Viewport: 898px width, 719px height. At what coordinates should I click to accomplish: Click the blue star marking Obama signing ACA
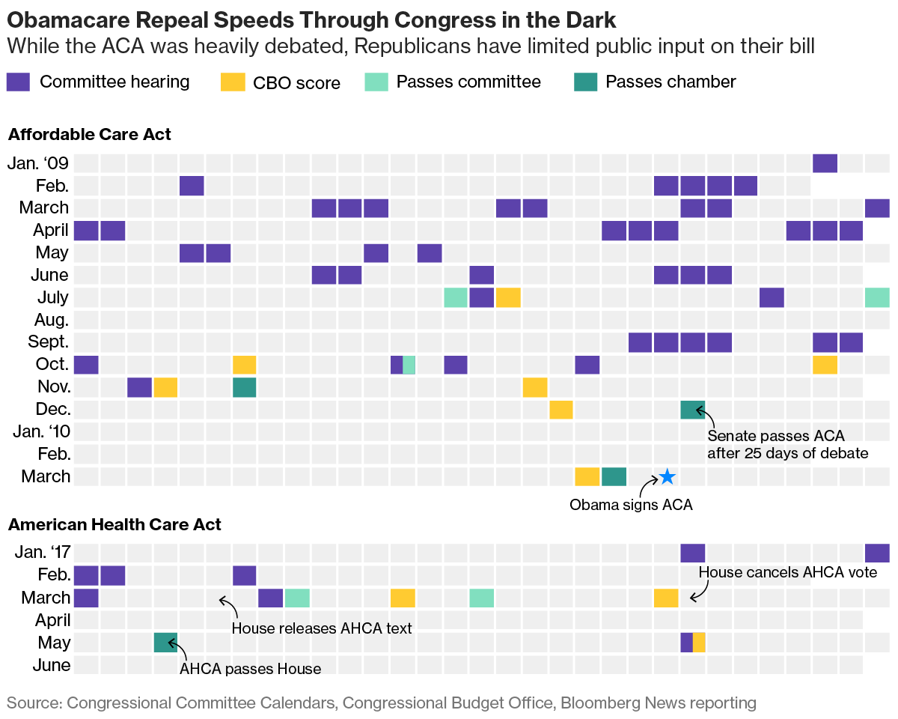click(668, 477)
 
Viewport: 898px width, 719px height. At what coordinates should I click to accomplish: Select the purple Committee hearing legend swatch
click(18, 82)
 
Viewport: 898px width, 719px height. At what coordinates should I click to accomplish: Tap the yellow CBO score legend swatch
click(232, 82)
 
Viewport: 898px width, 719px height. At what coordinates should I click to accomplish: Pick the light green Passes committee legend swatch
click(375, 82)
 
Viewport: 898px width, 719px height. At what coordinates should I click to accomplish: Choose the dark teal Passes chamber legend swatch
click(584, 82)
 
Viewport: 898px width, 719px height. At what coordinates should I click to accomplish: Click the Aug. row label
click(52, 320)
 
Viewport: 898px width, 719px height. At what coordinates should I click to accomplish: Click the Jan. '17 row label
click(43, 553)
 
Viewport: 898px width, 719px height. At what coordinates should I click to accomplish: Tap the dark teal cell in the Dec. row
click(692, 410)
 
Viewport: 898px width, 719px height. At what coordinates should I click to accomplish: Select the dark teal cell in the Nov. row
click(245, 387)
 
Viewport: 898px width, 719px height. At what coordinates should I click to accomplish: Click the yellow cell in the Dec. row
click(561, 410)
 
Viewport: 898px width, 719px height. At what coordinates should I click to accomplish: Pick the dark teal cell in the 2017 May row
click(165, 643)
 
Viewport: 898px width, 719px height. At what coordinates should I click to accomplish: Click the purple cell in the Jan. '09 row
click(825, 163)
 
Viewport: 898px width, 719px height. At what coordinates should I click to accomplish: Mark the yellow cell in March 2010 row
click(587, 477)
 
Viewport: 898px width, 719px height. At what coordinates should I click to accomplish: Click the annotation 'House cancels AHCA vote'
click(787, 573)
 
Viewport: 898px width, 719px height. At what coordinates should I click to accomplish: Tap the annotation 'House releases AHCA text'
click(322, 628)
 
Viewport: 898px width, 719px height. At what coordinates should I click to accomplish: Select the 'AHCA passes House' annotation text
click(250, 669)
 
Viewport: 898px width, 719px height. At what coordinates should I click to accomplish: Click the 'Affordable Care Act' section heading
click(89, 135)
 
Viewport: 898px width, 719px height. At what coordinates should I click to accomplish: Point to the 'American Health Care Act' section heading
click(114, 525)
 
